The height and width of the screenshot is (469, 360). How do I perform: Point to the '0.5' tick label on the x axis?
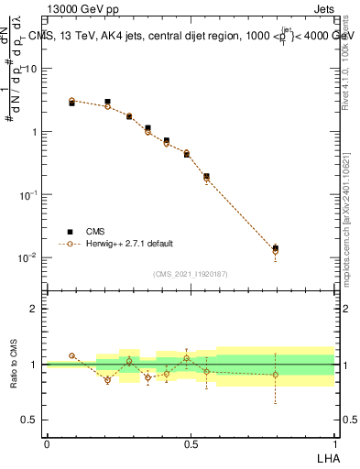click(x=190, y=443)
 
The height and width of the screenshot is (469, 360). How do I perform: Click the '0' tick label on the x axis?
click(x=47, y=443)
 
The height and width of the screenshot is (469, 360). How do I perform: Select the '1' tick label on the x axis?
click(x=334, y=443)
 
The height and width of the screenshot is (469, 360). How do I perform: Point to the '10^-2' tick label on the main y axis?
click(x=27, y=257)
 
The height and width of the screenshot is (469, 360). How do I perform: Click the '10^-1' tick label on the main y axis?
click(x=27, y=194)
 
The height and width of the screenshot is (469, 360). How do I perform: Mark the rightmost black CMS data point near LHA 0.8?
click(x=276, y=247)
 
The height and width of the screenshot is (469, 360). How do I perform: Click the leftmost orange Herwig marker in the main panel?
click(x=71, y=101)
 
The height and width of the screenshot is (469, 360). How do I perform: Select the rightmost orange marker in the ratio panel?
click(x=276, y=374)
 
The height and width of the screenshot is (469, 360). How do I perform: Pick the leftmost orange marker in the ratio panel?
click(x=71, y=355)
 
